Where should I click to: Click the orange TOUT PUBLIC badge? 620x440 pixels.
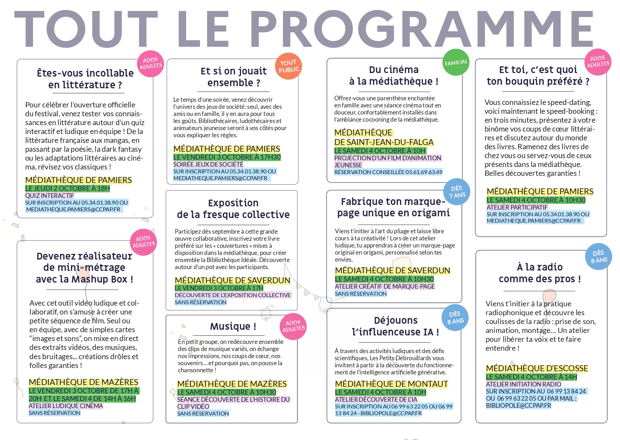coord(289,66)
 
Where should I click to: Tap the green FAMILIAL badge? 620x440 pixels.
coord(456,62)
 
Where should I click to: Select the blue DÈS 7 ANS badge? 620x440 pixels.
coord(457,192)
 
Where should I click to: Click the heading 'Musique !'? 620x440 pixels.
coord(233,326)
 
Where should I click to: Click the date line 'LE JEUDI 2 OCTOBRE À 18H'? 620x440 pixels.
coord(67,188)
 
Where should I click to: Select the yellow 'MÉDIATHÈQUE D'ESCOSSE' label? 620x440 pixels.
coord(537,368)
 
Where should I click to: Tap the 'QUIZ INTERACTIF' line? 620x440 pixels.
coord(50,195)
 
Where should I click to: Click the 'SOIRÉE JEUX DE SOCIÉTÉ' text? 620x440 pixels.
coord(208,164)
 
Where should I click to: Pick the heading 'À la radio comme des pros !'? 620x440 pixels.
coord(540,273)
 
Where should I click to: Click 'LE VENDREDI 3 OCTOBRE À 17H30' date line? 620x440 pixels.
coord(227,157)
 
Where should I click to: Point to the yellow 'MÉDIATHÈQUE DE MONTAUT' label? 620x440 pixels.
coord(391,384)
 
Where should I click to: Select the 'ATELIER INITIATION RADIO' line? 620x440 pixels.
coord(523,384)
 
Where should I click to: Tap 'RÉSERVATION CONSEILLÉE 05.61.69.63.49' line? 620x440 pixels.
coord(388,172)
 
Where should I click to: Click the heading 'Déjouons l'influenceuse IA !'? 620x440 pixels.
coord(396,326)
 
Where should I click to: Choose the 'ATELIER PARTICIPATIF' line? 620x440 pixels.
coord(517,207)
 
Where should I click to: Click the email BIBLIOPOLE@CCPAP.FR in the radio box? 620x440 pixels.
coord(518,405)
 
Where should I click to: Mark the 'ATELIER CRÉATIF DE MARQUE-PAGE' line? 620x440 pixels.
coord(385,286)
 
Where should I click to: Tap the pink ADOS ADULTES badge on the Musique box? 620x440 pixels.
coord(293,326)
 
